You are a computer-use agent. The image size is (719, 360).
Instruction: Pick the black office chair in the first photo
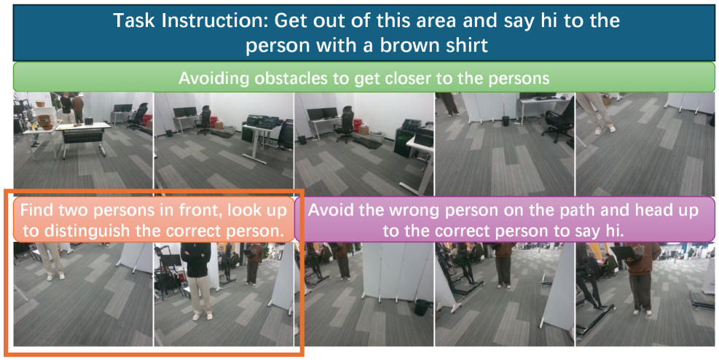(x=138, y=116)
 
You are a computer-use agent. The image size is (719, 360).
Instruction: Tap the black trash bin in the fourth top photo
(x=506, y=121)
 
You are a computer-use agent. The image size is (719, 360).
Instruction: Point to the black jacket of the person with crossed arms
(x=195, y=259)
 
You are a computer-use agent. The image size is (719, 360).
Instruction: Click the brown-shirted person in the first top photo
(x=77, y=109)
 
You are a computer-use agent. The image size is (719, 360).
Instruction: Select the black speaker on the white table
(x=89, y=121)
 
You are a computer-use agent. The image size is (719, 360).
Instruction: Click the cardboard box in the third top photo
(x=364, y=130)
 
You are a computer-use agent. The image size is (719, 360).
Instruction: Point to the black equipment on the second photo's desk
(x=263, y=122)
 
